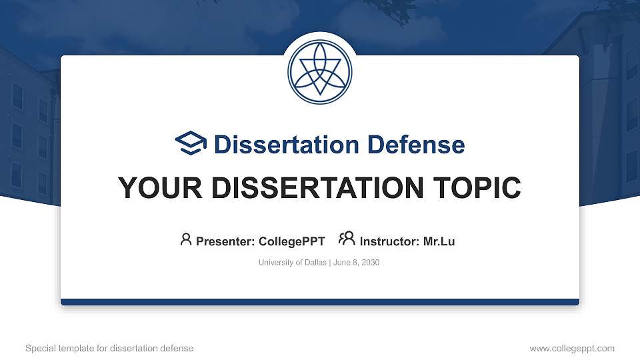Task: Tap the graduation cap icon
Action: pyautogui.click(x=191, y=143)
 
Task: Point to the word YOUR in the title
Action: pyautogui.click(x=151, y=188)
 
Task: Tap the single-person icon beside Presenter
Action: pyautogui.click(x=186, y=239)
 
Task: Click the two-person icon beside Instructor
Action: pyautogui.click(x=347, y=239)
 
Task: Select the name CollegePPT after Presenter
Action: pyautogui.click(x=291, y=241)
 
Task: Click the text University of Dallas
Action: pyautogui.click(x=292, y=263)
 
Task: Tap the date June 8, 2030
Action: pyautogui.click(x=356, y=263)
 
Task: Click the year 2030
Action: pyautogui.click(x=370, y=263)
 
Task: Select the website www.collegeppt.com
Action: pyautogui.click(x=572, y=349)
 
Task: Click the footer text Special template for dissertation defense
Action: pyautogui.click(x=109, y=349)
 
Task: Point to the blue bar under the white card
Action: pyautogui.click(x=320, y=302)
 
